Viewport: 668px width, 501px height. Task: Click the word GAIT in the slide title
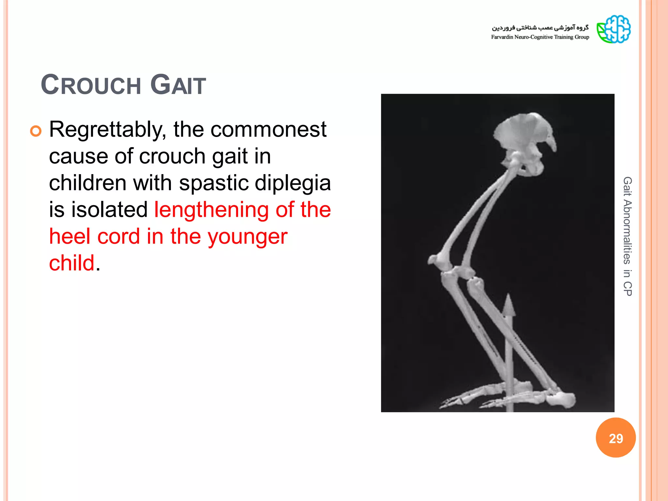[x=178, y=85]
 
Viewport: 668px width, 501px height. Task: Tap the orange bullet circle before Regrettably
[x=36, y=131]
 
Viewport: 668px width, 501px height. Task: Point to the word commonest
[x=268, y=130]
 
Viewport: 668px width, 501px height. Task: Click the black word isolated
[x=109, y=210]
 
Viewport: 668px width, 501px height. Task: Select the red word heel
[x=69, y=236]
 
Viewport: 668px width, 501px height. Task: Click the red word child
[x=71, y=263]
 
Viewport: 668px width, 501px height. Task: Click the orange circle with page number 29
[x=615, y=438]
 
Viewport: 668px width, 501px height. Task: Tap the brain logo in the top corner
[x=613, y=29]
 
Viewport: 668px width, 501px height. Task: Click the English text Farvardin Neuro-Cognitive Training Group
[x=540, y=37]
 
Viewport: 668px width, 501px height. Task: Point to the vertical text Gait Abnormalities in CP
[x=627, y=236]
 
